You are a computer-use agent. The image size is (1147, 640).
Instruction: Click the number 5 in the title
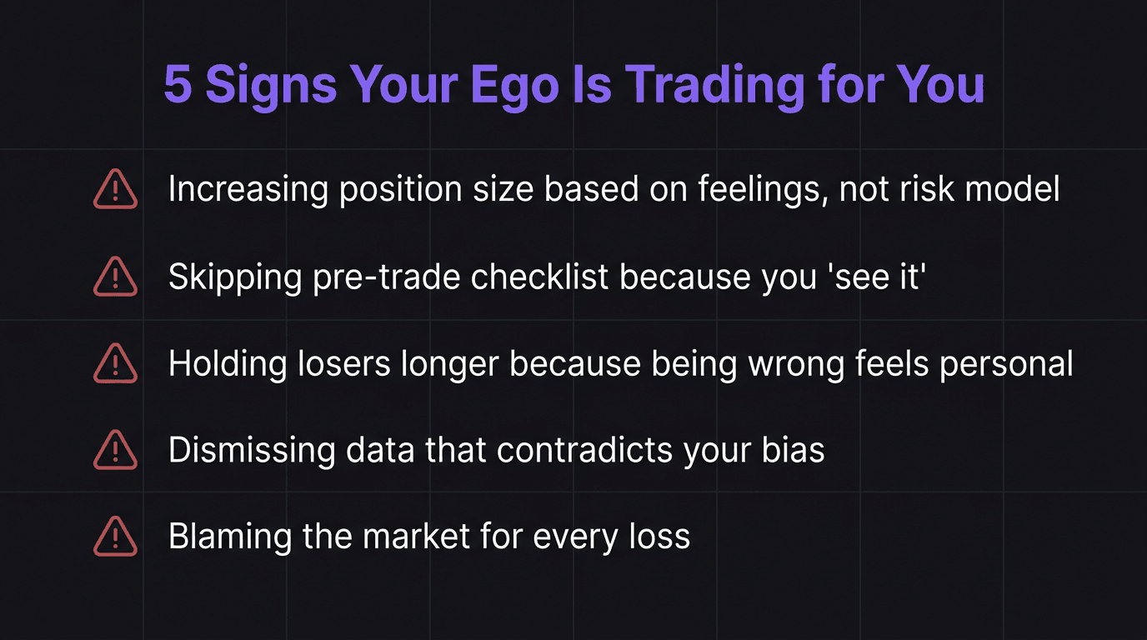(178, 84)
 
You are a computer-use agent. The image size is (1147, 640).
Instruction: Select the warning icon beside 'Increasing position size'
(115, 189)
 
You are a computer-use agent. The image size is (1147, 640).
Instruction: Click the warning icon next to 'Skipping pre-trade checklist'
(115, 277)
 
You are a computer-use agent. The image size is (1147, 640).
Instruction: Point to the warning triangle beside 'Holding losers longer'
(115, 363)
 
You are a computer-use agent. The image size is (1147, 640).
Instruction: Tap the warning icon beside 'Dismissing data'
(115, 451)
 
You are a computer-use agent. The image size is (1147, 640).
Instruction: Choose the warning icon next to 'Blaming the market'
(115, 537)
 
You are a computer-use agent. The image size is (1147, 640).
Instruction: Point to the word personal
(1006, 364)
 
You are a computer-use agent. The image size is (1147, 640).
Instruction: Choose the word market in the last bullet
(418, 537)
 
